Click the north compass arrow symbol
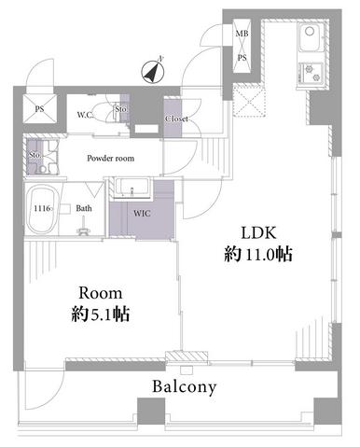click(153, 73)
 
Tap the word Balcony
click(184, 387)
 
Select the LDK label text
click(258, 232)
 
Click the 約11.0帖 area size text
click(258, 255)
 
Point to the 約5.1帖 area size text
click(101, 314)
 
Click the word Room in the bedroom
click(101, 293)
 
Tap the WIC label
click(142, 214)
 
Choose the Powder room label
click(111, 159)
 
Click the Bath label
click(84, 208)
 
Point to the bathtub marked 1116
click(42, 209)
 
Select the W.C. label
click(85, 115)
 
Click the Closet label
click(176, 119)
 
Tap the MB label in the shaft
click(242, 34)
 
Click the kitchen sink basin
click(311, 37)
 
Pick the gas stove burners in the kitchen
click(311, 73)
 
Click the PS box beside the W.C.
click(40, 109)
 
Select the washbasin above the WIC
click(132, 188)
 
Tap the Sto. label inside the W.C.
click(120, 109)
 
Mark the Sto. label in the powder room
click(35, 155)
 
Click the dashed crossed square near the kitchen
click(250, 101)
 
